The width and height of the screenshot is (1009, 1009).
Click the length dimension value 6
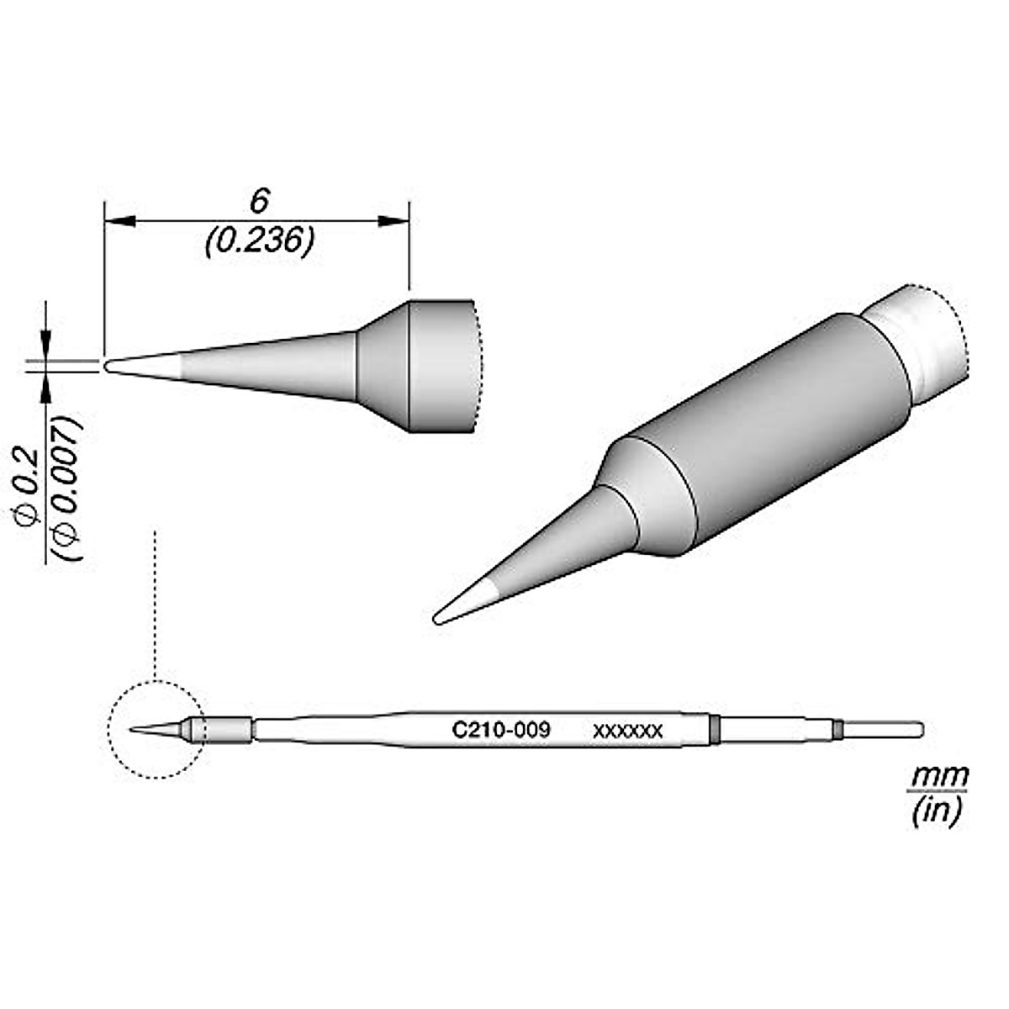point(260,202)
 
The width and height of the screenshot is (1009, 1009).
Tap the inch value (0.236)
point(260,241)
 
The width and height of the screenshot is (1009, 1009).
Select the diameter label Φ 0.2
point(28,487)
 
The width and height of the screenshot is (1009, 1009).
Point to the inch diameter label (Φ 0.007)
point(69,488)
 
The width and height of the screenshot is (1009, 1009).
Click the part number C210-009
point(501,730)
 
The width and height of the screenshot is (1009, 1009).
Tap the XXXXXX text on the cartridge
point(628,731)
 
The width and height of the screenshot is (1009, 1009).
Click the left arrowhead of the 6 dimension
point(120,221)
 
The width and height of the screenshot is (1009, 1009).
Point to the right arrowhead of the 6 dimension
point(394,221)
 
